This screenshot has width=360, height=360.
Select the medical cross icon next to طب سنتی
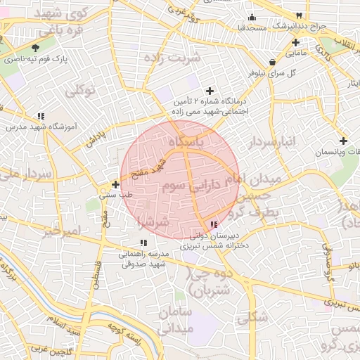(116, 184)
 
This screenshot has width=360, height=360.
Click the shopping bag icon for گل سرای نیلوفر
(271, 61)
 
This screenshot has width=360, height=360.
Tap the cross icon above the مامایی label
(295, 42)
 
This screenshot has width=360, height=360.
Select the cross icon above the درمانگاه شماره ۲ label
(209, 91)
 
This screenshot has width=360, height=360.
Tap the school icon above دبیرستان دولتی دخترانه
(214, 224)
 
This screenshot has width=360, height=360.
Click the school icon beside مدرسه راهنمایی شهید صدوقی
(143, 243)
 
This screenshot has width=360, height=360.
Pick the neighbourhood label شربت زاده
(176, 58)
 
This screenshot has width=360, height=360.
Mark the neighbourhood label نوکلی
(79, 90)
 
